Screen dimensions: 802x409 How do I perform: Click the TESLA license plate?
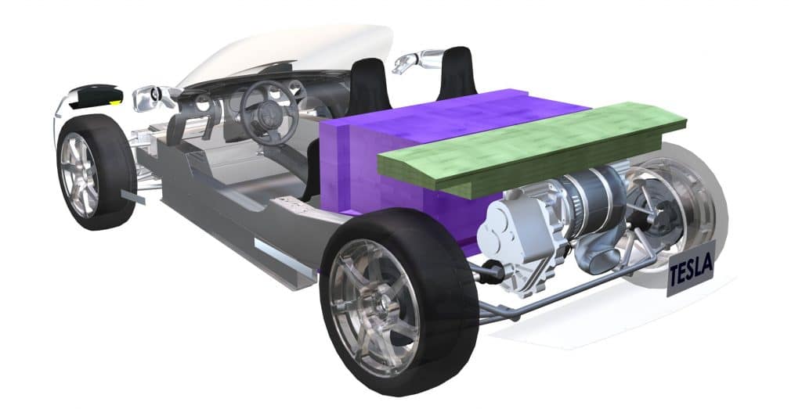click(x=691, y=268)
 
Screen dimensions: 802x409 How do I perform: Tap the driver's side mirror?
click(x=151, y=98)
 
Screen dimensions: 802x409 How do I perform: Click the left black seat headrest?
click(x=369, y=87)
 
